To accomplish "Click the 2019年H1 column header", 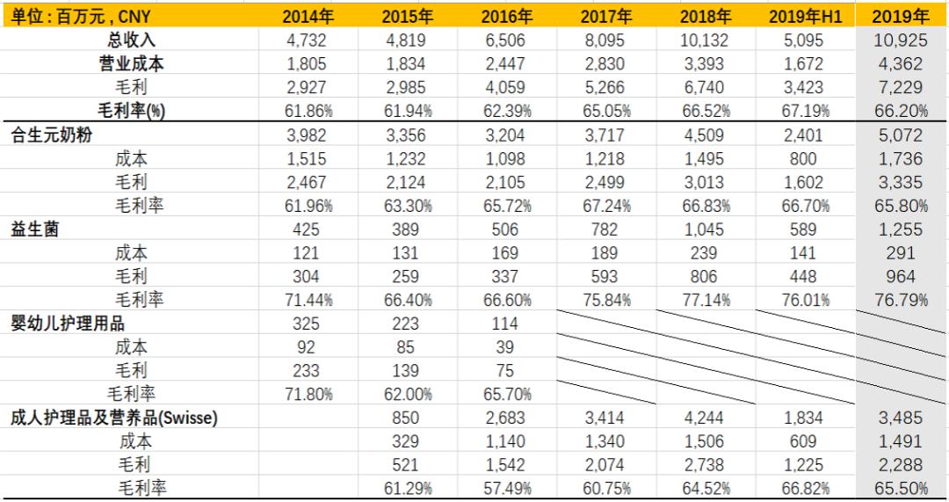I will (x=805, y=16).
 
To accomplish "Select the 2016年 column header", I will (x=507, y=16).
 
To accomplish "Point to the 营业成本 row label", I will (x=131, y=63).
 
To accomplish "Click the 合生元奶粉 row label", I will (x=52, y=135).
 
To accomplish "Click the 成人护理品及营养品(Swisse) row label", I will (x=114, y=418).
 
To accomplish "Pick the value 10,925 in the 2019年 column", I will (x=901, y=40).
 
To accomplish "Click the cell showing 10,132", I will (x=706, y=40).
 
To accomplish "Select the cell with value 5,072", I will (x=901, y=135).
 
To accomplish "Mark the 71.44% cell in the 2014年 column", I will (x=308, y=300).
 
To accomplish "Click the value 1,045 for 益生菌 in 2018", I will (x=706, y=229).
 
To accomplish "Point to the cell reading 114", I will (x=507, y=324).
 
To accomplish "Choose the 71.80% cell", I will (x=308, y=394).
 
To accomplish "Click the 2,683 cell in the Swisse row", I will (x=507, y=418).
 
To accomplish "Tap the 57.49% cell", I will (x=507, y=488).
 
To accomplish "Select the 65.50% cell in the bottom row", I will (x=901, y=488).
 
